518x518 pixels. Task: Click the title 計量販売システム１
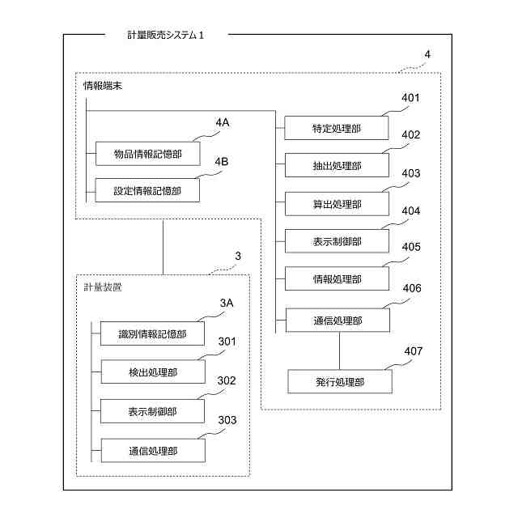tap(166, 35)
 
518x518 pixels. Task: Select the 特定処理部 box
tap(337, 128)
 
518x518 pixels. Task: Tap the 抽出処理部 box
tap(337, 166)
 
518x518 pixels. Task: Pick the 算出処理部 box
tap(337, 204)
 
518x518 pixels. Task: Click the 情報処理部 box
tap(337, 279)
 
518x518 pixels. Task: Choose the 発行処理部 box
tap(340, 381)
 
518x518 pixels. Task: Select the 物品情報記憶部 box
tap(147, 154)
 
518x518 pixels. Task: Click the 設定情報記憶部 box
tap(147, 191)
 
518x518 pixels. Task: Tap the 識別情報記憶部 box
tap(152, 333)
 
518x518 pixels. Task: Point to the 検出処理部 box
tap(152, 372)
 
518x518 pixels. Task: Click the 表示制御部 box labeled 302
tap(152, 411)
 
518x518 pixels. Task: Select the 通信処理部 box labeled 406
tap(337, 321)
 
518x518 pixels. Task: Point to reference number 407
tap(413, 351)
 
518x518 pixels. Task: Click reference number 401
tap(411, 99)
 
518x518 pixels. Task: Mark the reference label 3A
tap(227, 303)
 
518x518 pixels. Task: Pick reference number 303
tap(227, 419)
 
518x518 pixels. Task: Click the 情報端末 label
tap(103, 83)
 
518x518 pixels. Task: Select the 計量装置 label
tap(103, 287)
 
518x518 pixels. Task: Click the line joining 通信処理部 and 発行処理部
tap(340, 350)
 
